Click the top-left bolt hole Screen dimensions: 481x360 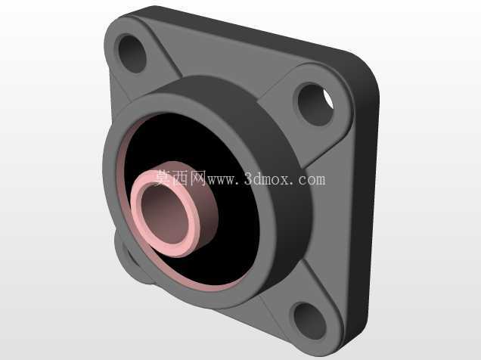[132, 54]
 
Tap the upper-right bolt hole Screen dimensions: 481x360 [315, 105]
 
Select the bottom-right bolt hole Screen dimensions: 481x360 [310, 321]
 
